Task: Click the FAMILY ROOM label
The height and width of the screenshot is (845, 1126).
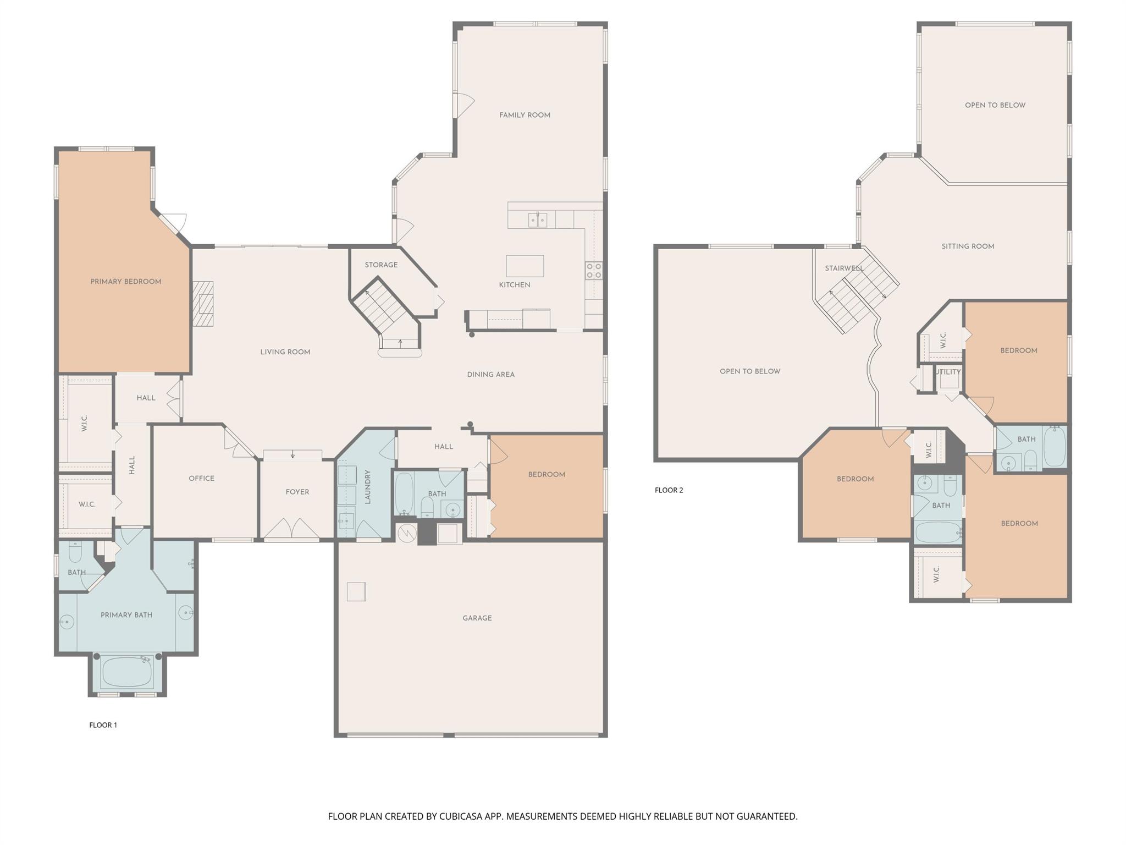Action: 525,115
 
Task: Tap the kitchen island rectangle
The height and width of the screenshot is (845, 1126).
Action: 525,266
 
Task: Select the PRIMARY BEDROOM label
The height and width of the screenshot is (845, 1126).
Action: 126,282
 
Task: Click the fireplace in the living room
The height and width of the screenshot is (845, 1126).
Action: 203,304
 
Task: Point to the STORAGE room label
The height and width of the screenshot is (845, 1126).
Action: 381,265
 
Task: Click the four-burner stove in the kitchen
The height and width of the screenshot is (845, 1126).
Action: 594,270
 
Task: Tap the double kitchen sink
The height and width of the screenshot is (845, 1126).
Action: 537,220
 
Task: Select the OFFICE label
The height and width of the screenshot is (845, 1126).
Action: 201,478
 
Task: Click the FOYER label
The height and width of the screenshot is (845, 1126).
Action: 297,492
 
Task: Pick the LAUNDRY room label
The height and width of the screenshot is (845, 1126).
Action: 368,486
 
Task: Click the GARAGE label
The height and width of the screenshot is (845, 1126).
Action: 477,618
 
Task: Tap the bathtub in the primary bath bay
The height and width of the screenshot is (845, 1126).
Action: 127,672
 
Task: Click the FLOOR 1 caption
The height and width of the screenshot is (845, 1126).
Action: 103,725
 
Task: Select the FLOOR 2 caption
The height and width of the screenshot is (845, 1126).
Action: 669,490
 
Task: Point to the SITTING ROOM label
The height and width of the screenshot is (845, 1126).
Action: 968,246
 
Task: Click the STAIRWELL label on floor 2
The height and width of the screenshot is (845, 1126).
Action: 843,268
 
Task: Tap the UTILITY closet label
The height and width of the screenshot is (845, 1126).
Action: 948,372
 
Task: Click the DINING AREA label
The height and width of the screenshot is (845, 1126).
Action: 490,375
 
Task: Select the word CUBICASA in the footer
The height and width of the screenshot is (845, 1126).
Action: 461,816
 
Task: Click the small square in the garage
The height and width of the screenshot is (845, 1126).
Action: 356,591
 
